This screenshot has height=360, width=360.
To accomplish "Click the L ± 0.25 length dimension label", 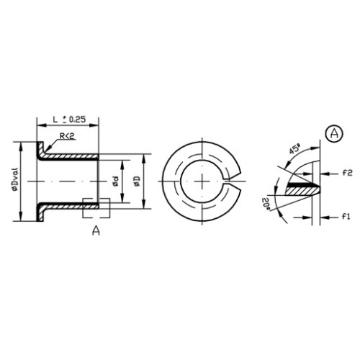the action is click(69, 120).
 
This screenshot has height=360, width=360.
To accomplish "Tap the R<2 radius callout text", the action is click(68, 136).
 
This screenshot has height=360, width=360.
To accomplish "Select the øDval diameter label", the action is click(15, 179).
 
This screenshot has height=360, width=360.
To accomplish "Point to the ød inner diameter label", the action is click(116, 181).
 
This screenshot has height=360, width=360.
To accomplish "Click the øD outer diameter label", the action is click(137, 181).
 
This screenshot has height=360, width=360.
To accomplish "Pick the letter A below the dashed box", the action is click(96, 230).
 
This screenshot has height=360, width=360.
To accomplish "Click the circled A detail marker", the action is click(335, 134).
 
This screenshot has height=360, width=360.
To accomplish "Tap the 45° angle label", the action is click(295, 149).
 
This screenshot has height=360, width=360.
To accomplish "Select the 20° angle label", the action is click(266, 204).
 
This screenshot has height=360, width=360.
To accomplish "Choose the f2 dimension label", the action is click(347, 173).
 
